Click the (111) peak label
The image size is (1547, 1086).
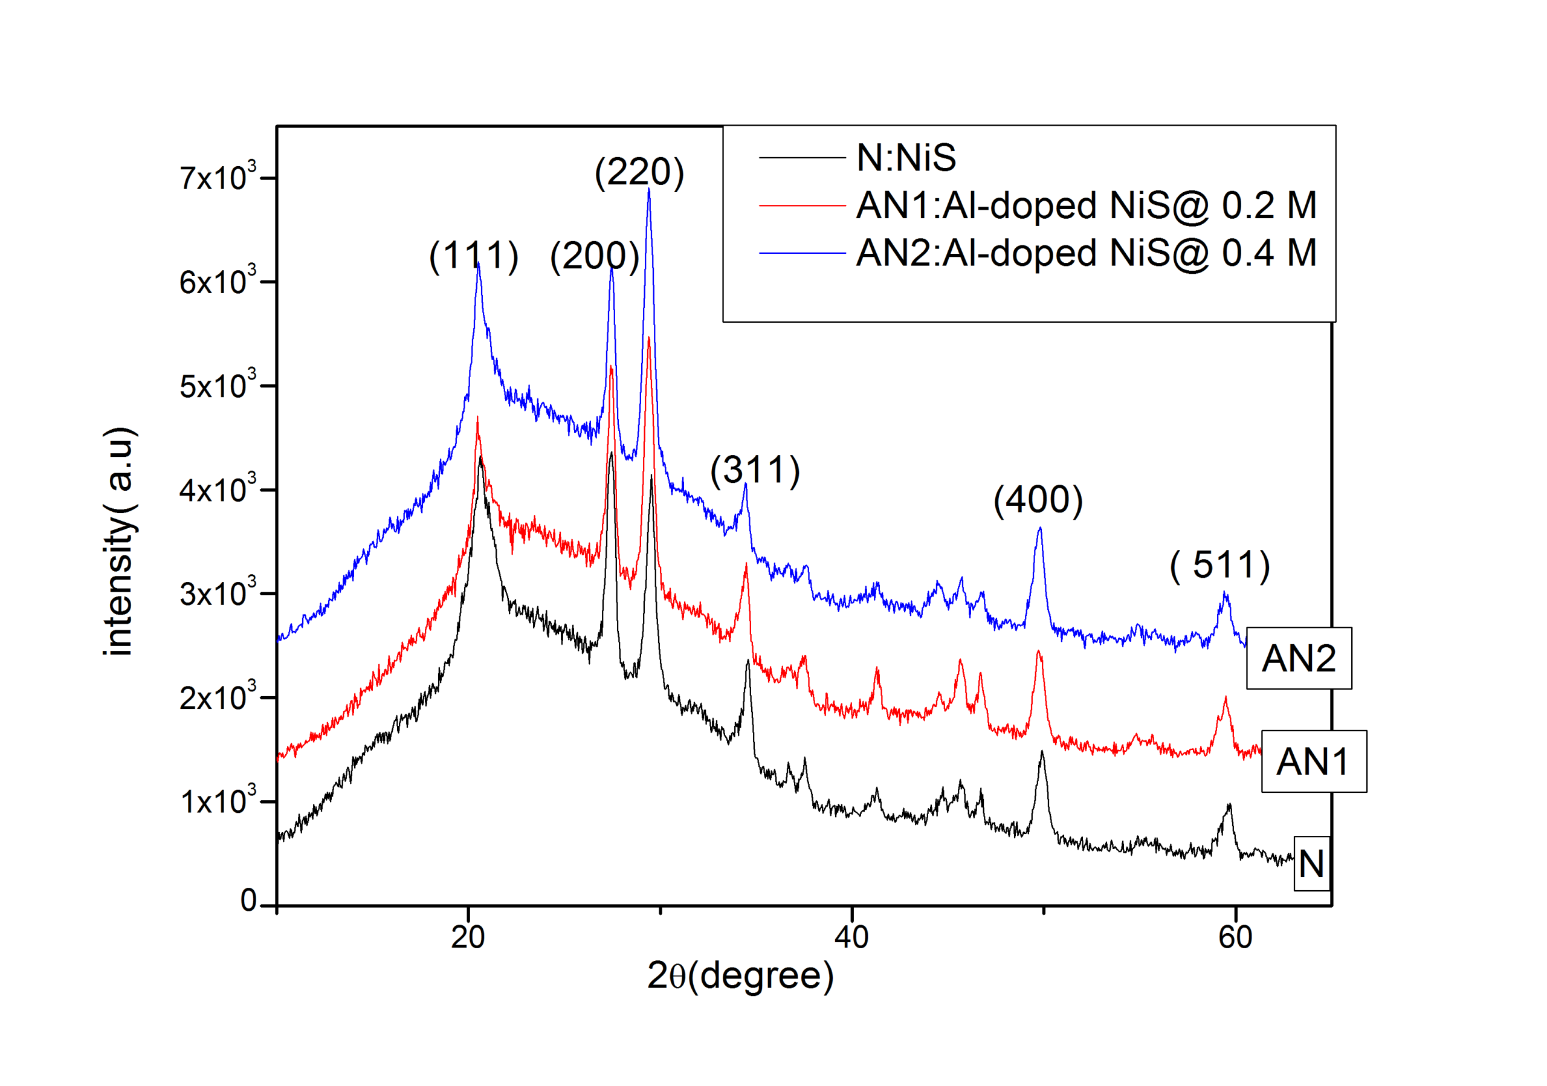pyautogui.click(x=474, y=257)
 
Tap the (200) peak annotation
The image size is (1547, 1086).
pyautogui.click(x=594, y=257)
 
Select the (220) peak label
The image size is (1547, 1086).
pyautogui.click(x=639, y=172)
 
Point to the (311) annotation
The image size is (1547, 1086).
pyautogui.click(x=755, y=470)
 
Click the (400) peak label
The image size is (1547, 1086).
pyautogui.click(x=1038, y=500)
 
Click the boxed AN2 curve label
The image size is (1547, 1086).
pyautogui.click(x=1299, y=658)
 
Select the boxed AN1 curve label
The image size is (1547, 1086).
pyautogui.click(x=1313, y=762)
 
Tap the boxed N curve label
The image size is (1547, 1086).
pyautogui.click(x=1311, y=864)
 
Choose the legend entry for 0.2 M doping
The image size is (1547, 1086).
pyautogui.click(x=1085, y=205)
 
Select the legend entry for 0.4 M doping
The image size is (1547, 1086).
pyautogui.click(x=1085, y=253)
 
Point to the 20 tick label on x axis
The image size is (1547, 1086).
pyautogui.click(x=468, y=937)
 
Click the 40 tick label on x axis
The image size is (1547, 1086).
pyautogui.click(x=851, y=937)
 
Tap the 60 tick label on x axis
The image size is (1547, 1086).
pyautogui.click(x=1235, y=937)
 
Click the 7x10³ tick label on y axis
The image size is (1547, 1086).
pyautogui.click(x=218, y=178)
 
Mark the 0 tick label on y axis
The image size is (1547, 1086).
pyautogui.click(x=248, y=900)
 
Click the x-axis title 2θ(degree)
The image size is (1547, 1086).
pyautogui.click(x=740, y=975)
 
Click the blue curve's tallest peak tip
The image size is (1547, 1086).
pyautogui.click(x=649, y=189)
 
